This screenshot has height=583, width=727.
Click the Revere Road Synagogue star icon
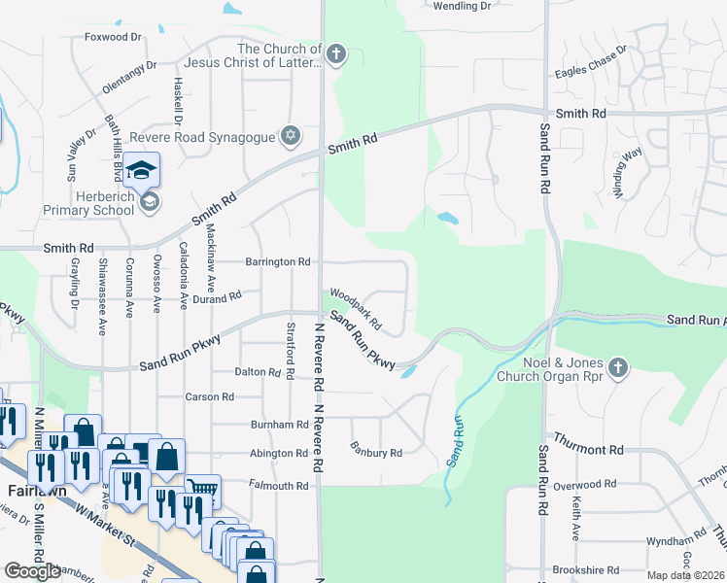click(289, 135)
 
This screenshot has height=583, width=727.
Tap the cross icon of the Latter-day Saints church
click(335, 53)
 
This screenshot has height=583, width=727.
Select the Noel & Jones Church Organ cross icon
click(618, 367)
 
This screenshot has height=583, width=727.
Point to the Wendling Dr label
click(462, 6)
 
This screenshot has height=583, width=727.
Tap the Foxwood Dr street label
click(114, 37)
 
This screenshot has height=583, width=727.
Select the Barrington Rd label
click(277, 262)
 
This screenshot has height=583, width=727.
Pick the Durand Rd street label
click(216, 299)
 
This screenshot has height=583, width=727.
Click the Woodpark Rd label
click(355, 307)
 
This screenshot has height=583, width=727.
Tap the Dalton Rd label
click(258, 372)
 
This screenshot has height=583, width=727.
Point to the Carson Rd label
click(210, 397)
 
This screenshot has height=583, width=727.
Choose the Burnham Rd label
click(279, 426)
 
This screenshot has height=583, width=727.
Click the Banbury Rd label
click(376, 452)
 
